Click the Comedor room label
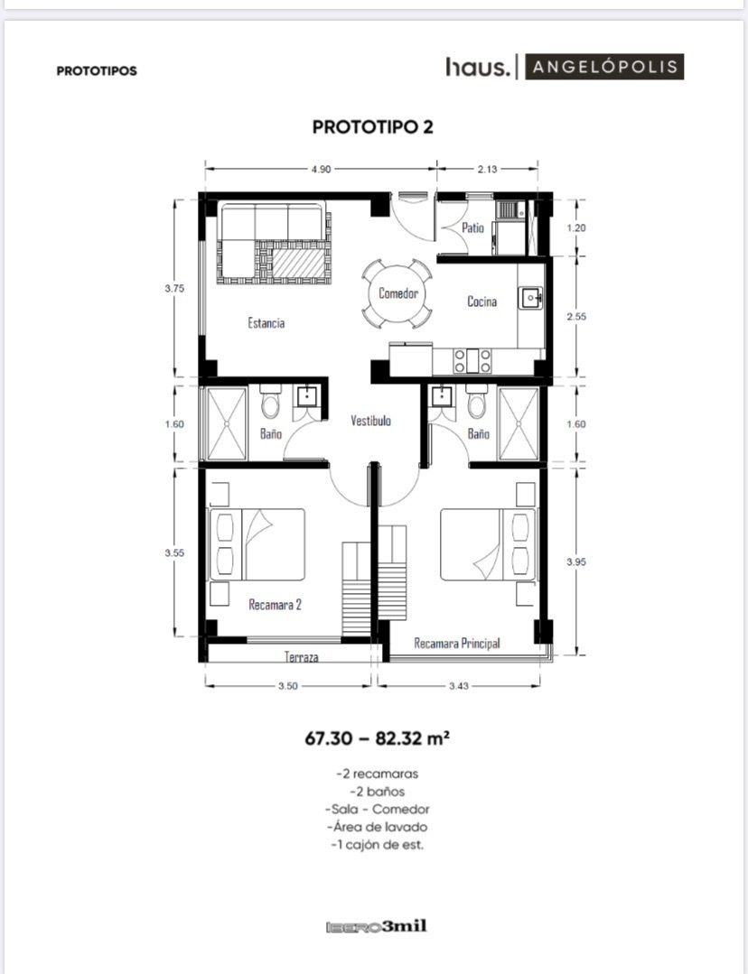(x=397, y=293)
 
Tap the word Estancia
(x=266, y=323)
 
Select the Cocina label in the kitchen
(x=482, y=301)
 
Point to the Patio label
(x=472, y=228)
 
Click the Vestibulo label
(x=370, y=422)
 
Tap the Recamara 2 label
(x=275, y=605)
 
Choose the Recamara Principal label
(x=457, y=644)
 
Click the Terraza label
(x=302, y=656)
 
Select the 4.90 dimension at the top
(x=321, y=169)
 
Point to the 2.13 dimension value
(x=488, y=169)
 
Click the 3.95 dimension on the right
(x=576, y=561)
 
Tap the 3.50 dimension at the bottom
(x=288, y=686)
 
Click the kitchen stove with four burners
(x=472, y=361)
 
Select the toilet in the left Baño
(x=270, y=402)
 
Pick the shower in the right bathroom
(x=519, y=424)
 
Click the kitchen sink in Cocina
(x=531, y=298)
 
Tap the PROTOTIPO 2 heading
(x=372, y=126)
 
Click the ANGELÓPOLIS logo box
(x=604, y=67)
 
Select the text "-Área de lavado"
(x=378, y=827)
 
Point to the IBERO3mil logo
(x=377, y=927)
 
